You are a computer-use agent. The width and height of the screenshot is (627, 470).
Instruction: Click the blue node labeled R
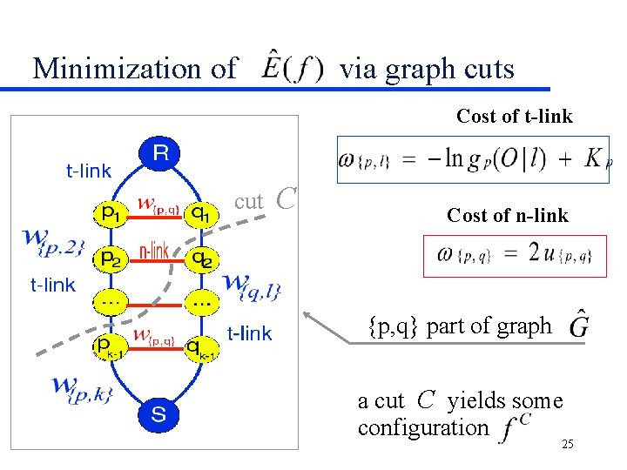160,153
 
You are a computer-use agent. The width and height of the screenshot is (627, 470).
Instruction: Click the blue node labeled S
159,415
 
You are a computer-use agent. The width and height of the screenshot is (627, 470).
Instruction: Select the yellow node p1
110,212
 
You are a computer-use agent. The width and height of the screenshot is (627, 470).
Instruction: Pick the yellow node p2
110,258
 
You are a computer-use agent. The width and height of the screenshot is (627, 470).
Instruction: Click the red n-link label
154,252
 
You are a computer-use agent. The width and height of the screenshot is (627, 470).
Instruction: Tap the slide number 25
568,446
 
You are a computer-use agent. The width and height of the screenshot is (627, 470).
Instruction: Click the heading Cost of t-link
514,117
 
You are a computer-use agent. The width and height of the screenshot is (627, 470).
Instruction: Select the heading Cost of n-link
507,215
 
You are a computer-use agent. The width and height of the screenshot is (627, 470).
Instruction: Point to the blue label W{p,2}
54,241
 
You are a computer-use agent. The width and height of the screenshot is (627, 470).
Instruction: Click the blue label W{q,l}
253,285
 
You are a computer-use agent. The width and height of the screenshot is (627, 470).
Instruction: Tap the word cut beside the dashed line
248,201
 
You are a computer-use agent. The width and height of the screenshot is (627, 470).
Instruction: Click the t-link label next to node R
88,171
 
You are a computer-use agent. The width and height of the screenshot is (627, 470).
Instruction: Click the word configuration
423,428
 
